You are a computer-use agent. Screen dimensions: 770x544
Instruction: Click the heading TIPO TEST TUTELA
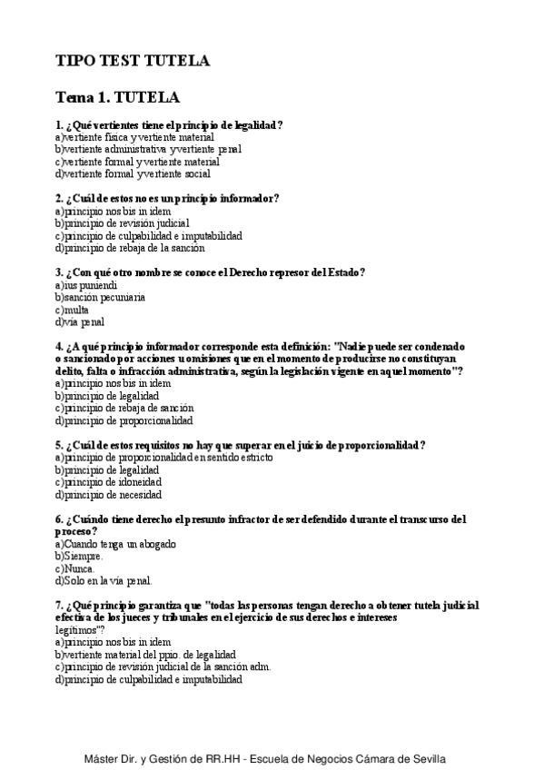(133, 61)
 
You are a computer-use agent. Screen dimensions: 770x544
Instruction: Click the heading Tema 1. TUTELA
(117, 96)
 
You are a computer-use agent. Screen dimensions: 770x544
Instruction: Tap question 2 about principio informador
(166, 198)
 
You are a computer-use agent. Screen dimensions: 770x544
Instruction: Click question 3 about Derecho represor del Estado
(210, 271)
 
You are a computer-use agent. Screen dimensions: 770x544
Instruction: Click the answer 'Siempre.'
(79, 556)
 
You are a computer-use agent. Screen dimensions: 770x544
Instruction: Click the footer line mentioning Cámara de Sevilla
(271, 757)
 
